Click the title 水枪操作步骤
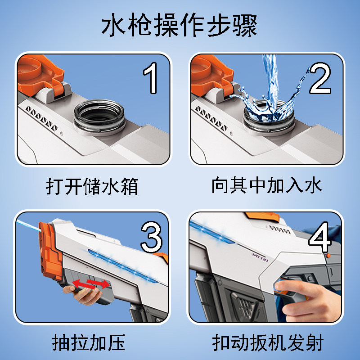179,25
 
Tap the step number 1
150,78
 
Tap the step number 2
320,78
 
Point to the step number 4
320,237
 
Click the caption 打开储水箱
92,186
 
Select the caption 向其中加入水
266,185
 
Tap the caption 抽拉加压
89,342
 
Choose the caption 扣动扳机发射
268,342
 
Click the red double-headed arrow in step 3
91,284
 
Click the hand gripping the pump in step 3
83,295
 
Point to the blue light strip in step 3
123,266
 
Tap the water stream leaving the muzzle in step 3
28,225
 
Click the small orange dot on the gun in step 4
328,256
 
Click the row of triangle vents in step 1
41,118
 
